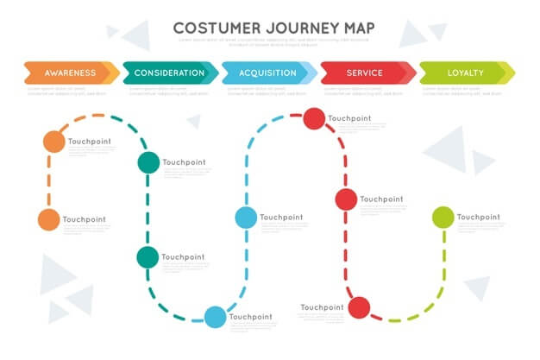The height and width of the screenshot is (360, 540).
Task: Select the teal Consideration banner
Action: [170, 73]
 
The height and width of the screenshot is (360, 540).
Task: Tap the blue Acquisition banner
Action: [267, 73]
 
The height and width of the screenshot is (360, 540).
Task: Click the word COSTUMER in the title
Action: [217, 28]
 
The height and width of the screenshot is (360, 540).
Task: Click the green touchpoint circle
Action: [443, 218]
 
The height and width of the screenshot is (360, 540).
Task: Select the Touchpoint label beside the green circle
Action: [479, 217]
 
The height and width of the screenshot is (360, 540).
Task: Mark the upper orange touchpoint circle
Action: [53, 141]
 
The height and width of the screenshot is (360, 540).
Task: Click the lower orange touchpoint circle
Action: [49, 220]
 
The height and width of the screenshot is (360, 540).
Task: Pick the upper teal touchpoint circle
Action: [148, 162]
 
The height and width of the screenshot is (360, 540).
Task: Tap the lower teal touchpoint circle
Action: [148, 256]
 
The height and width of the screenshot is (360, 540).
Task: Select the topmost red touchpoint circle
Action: [314, 119]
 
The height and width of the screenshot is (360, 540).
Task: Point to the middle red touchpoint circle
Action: [346, 199]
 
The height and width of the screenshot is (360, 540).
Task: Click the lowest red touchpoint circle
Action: [359, 307]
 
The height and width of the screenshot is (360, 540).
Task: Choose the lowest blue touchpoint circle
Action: [215, 317]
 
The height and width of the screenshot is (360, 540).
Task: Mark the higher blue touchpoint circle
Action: [246, 218]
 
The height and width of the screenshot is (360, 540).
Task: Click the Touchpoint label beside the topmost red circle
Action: [350, 118]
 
